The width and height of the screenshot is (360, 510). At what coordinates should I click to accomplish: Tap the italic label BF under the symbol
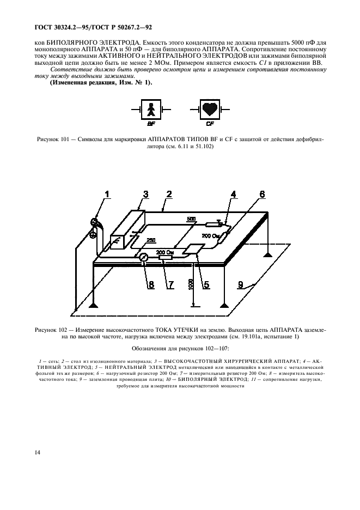click(151, 124)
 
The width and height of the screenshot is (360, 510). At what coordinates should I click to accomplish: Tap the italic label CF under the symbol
click(210, 124)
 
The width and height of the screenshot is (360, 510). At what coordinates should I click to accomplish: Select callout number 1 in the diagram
click(107, 194)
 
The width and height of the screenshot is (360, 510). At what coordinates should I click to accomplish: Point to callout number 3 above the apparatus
click(145, 194)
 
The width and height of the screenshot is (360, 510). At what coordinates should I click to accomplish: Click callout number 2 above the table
click(169, 194)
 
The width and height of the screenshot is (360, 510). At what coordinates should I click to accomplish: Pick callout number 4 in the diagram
click(233, 194)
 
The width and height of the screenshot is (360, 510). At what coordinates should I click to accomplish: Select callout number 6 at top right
click(262, 194)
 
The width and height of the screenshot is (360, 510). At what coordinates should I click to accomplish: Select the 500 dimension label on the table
click(190, 219)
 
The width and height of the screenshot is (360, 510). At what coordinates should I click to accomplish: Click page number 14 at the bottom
click(22, 452)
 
